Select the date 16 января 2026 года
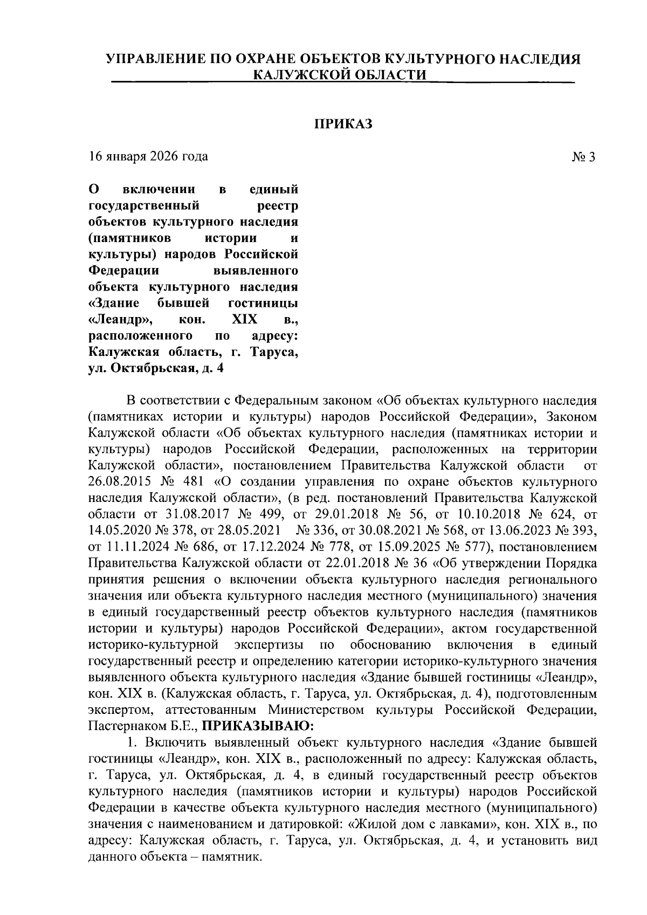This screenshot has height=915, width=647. click(148, 157)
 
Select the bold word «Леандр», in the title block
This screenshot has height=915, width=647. click(121, 320)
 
